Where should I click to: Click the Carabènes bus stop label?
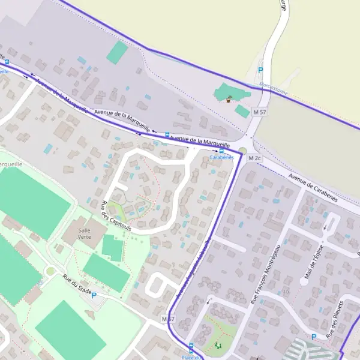tap(221, 157)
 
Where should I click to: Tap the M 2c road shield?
tap(256, 158)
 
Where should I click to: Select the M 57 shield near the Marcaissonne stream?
tap(259, 112)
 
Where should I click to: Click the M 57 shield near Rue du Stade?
tap(169, 318)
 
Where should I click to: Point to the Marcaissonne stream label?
tap(274, 89)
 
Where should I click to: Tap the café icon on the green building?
tap(229, 100)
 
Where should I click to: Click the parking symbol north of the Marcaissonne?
tap(260, 70)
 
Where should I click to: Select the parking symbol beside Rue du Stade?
tap(94, 295)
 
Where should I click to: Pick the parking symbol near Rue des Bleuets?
tap(314, 337)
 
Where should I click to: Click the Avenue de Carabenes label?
tap(312, 188)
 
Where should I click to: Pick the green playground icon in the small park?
tap(217, 345)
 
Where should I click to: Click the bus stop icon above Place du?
tap(191, 346)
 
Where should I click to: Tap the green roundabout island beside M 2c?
tap(242, 151)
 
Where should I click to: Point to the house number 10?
tap(286, 292)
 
